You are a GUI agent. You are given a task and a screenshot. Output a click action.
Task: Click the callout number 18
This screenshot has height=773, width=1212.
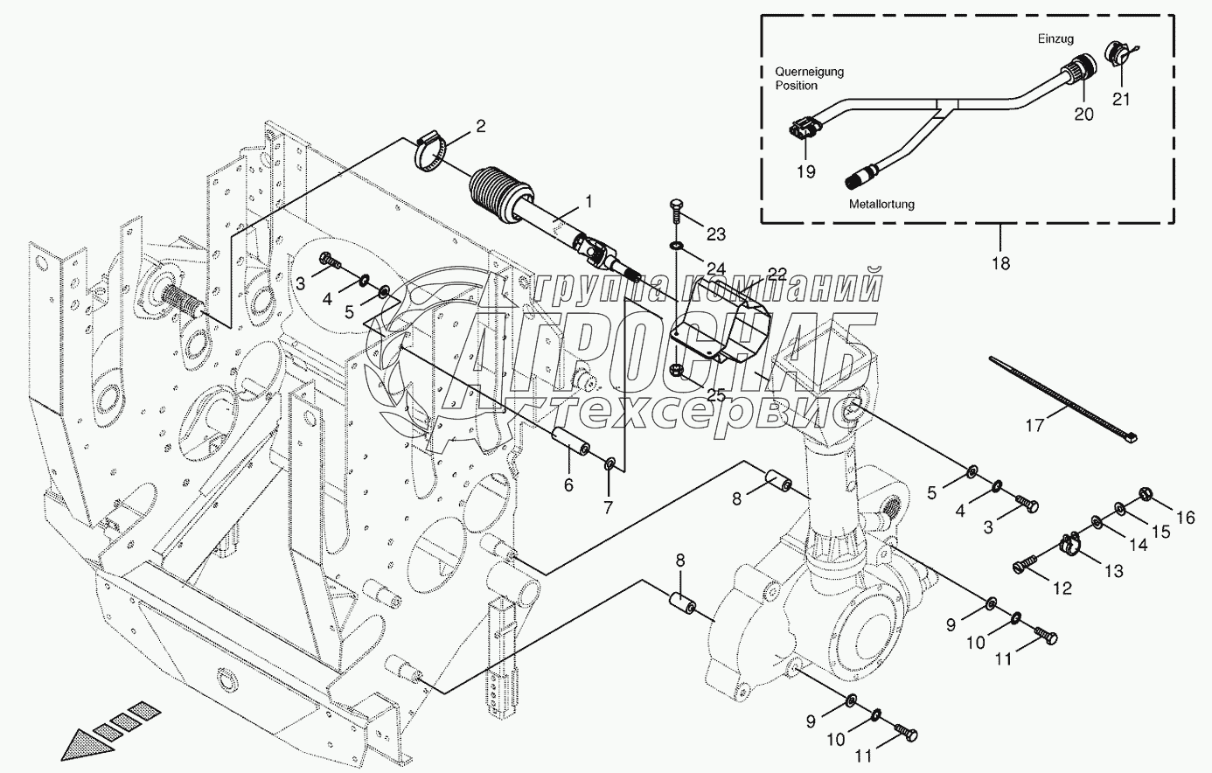(x=1001, y=262)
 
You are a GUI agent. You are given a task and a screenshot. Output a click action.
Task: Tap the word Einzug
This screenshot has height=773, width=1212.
(x=1055, y=38)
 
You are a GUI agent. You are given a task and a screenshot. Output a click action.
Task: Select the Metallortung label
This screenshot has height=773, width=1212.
(x=881, y=204)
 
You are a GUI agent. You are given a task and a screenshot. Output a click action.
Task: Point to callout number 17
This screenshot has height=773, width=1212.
(x=1034, y=427)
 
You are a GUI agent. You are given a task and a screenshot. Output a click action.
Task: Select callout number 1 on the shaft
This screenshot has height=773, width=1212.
(x=589, y=202)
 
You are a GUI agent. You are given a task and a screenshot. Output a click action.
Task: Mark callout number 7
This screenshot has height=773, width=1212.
(x=609, y=506)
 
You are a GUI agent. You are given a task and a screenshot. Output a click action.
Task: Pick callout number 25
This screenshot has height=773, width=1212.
(x=717, y=395)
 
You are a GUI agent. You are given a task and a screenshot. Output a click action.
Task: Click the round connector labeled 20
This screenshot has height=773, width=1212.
(x=1081, y=73)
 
